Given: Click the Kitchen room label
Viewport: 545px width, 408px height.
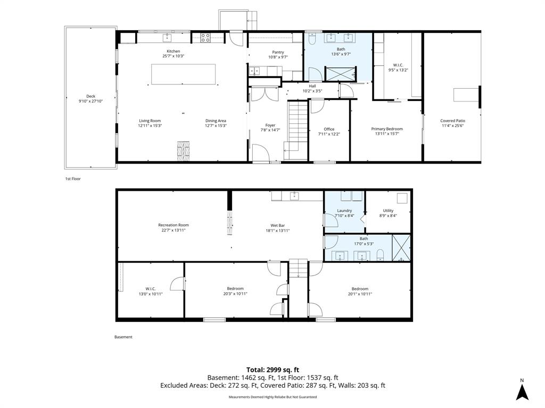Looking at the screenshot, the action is coord(173,52).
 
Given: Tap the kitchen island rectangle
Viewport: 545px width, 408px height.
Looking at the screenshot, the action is coord(183,74).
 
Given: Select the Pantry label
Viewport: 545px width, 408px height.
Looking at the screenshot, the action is coord(278,53).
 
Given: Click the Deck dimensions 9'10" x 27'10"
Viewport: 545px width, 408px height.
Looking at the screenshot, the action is coord(90,101).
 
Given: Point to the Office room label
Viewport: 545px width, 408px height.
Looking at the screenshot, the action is coord(329,129).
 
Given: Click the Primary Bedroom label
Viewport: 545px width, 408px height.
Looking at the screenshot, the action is coord(387,129).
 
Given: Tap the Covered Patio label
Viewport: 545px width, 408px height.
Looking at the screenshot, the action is coord(452,121).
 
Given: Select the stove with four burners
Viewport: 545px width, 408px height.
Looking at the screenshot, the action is coord(205,38).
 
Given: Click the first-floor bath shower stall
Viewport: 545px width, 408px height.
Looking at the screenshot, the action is coord(341,73).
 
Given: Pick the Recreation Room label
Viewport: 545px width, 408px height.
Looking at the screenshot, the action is coord(174,225).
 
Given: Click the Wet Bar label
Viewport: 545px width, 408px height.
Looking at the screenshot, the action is coord(278,225).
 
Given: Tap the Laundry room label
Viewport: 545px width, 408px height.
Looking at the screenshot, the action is coord(344,210).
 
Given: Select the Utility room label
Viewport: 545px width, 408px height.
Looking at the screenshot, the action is coord(388,210).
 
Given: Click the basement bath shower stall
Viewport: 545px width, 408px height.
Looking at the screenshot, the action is coord(401,248).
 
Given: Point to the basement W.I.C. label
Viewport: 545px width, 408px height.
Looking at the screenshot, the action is coord(151,289).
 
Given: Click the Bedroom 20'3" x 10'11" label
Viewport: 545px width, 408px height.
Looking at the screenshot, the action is coord(235,288).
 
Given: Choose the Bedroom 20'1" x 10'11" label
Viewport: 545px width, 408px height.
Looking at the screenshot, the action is coord(360,289).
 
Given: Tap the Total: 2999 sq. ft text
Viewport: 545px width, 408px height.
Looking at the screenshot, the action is coord(272,370).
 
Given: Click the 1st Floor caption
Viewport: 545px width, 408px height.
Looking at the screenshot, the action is coord(73,179).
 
